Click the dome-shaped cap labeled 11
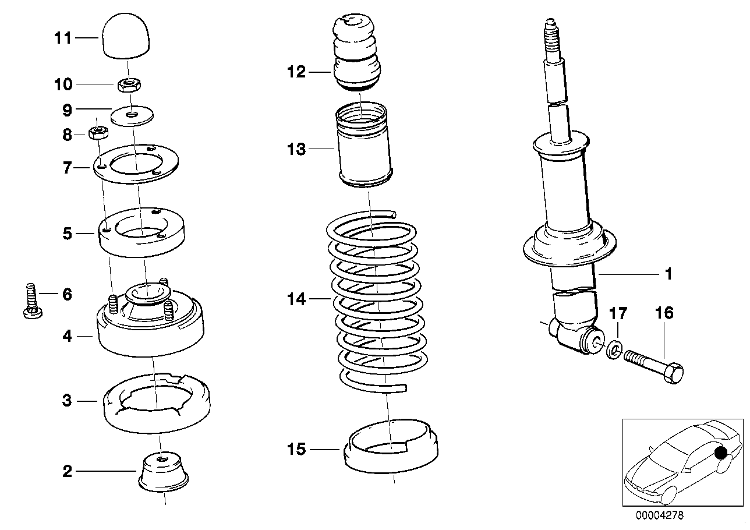point(126,37)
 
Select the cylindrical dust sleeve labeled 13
point(365,146)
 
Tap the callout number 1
point(668,273)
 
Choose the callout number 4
point(68,336)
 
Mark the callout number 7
point(68,168)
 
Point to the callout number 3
point(68,401)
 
